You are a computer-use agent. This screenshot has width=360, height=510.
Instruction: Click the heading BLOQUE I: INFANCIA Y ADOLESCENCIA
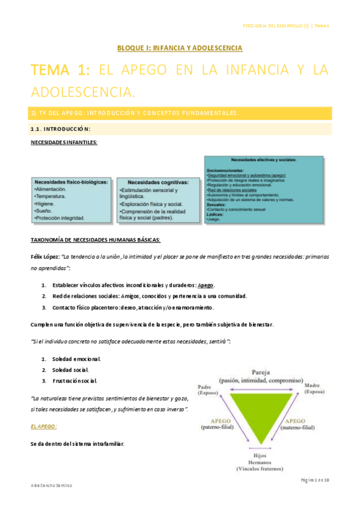[179, 47]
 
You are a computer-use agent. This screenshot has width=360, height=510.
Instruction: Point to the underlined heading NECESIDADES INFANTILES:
[64, 142]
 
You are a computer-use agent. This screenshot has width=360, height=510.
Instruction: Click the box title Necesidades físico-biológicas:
[72, 182]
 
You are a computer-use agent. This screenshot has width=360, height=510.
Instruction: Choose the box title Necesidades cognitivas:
[158, 182]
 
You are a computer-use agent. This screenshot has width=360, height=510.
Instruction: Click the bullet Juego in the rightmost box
[213, 220]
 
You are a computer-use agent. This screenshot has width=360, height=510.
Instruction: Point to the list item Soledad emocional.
[76, 359]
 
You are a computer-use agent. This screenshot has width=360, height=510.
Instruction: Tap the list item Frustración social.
[76, 381]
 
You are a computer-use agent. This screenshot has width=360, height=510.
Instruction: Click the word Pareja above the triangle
[260, 372]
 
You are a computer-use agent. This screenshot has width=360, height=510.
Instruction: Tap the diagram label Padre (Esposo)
[205, 389]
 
